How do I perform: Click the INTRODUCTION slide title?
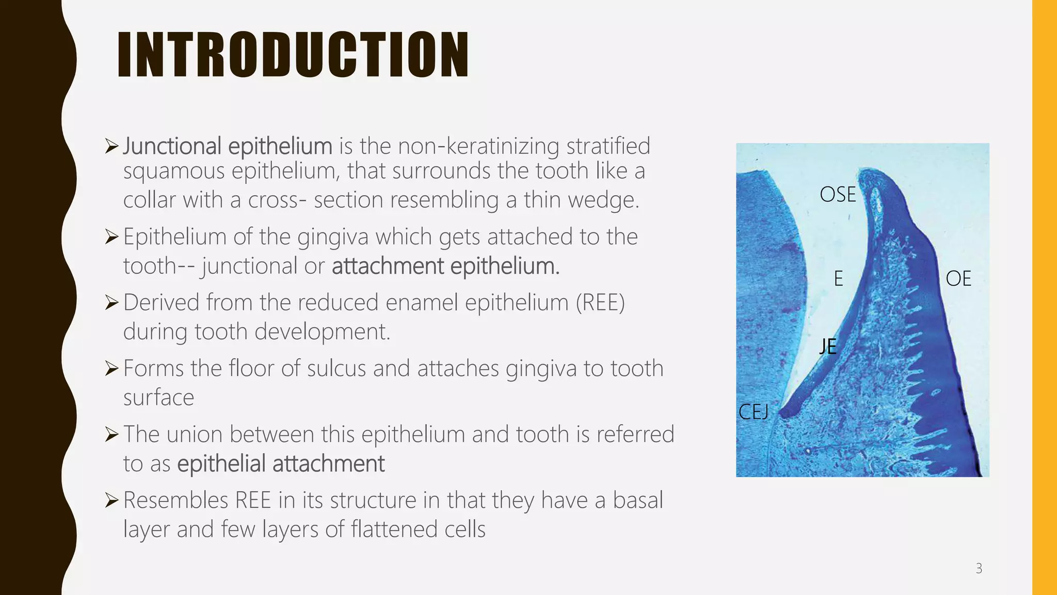coord(293,55)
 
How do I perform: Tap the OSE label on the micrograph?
coord(837,195)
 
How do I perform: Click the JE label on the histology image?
coord(828,346)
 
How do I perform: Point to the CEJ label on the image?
coord(753,412)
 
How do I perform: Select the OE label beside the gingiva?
coord(958,279)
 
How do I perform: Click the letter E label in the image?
coord(838,279)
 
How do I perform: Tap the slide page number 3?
coord(979,569)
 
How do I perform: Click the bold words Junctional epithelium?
coord(227,146)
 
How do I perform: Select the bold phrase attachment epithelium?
coord(445,267)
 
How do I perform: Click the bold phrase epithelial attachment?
coord(281,464)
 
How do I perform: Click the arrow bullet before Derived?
coord(111,303)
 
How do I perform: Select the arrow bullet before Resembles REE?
coord(111,500)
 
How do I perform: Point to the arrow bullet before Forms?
coord(111,369)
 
